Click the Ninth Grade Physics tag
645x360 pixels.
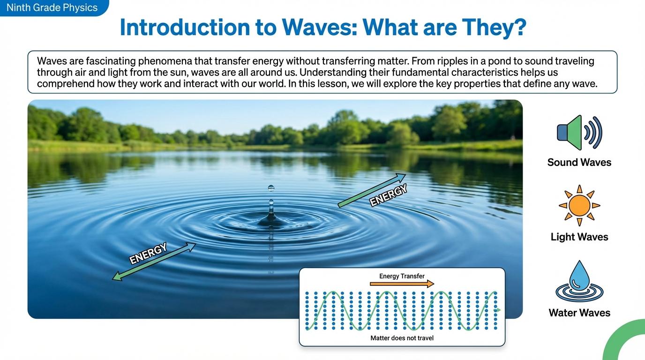click(x=52, y=8)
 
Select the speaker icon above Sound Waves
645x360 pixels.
click(x=579, y=133)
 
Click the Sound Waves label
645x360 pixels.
click(x=579, y=163)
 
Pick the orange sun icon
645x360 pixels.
click(x=579, y=205)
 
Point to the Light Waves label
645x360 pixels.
click(x=579, y=237)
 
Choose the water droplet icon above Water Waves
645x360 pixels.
click(x=579, y=281)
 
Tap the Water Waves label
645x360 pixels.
click(x=579, y=313)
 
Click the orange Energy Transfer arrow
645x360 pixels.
click(x=402, y=284)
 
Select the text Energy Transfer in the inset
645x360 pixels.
click(x=402, y=276)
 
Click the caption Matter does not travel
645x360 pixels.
click(x=402, y=338)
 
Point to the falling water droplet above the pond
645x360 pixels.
click(x=271, y=188)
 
